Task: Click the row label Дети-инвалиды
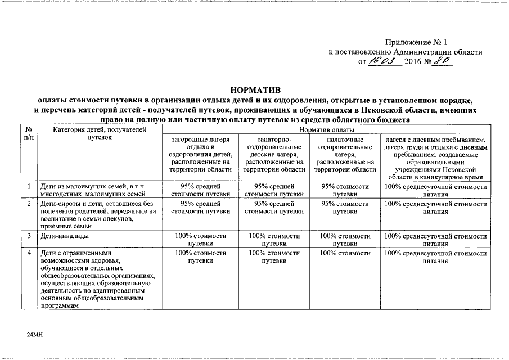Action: [65, 236]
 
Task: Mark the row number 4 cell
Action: [28, 253]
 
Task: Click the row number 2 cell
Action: [28, 204]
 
